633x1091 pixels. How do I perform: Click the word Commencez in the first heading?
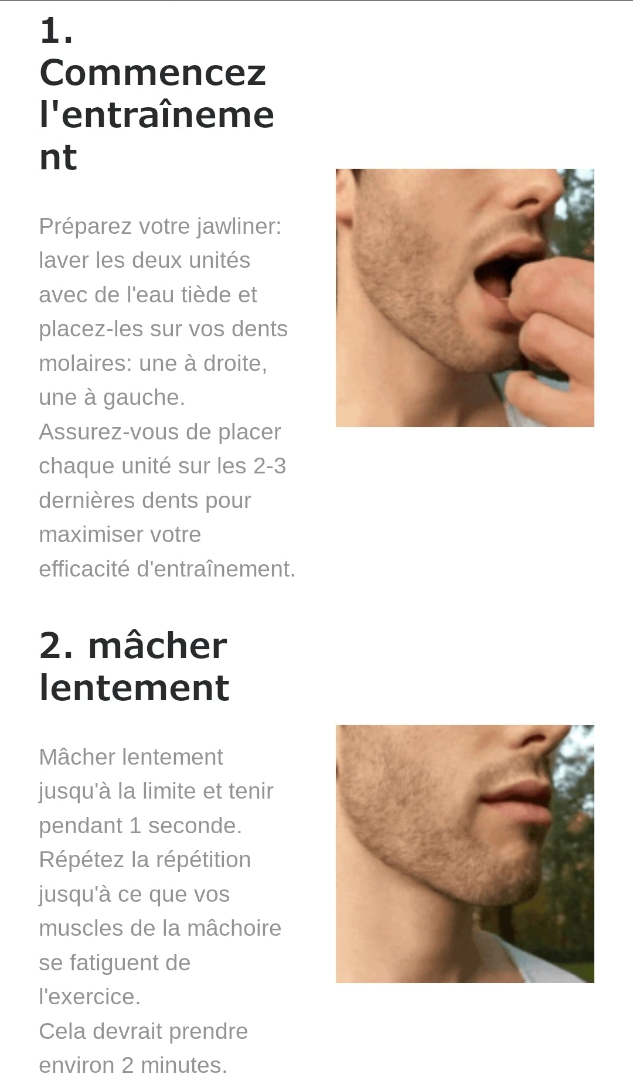click(152, 73)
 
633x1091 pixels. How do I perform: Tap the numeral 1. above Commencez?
click(56, 31)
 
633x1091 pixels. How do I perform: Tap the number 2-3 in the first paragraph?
click(270, 466)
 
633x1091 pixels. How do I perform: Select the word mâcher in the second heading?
click(157, 646)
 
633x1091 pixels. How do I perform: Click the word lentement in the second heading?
click(134, 688)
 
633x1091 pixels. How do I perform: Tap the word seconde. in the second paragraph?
click(195, 826)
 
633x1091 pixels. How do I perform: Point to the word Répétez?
click(81, 860)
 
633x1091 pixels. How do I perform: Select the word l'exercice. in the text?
click(90, 997)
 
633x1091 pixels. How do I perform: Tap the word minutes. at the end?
click(183, 1065)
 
